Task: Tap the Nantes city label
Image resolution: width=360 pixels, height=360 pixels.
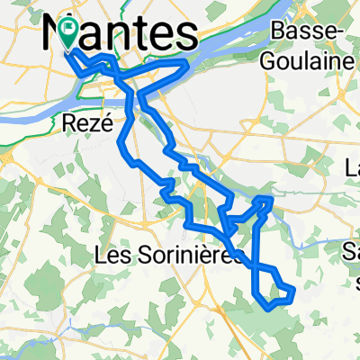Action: tap(121, 36)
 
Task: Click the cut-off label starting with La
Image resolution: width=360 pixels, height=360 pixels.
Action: tap(351, 167)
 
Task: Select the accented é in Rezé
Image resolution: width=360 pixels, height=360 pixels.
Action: tap(105, 127)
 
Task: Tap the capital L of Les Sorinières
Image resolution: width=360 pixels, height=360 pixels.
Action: tap(100, 256)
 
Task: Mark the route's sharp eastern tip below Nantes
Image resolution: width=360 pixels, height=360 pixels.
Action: tap(186, 63)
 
